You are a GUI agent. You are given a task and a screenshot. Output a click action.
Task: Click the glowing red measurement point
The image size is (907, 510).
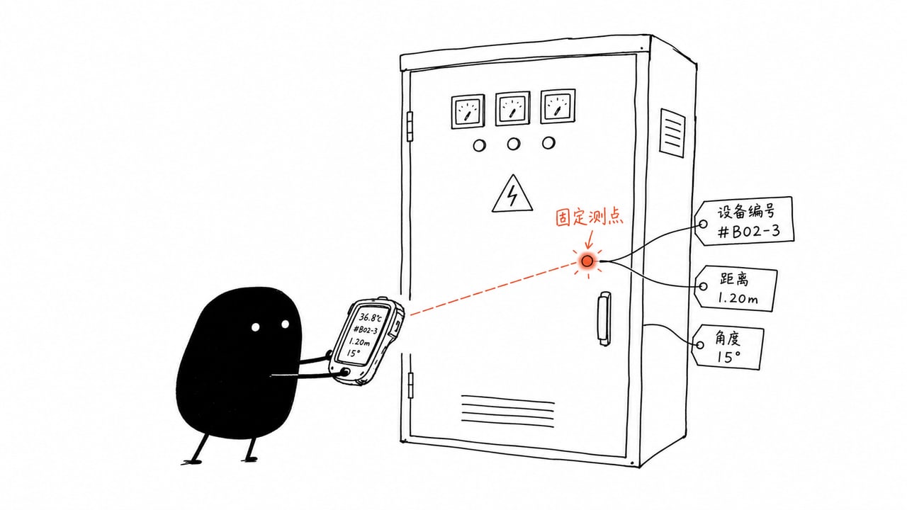coord(587,261)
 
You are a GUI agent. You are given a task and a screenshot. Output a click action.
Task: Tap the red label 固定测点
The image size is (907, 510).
coord(589,217)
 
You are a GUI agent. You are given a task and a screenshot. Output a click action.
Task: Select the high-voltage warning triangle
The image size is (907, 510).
coord(512,194)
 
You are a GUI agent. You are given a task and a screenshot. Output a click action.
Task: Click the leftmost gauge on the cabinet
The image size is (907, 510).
coord(468,111)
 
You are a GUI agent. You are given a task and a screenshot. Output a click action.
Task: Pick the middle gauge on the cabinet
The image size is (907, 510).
coord(512,108)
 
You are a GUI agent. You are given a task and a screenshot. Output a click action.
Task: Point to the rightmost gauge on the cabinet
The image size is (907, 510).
coord(558,106)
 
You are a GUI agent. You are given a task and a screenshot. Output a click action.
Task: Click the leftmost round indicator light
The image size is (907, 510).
coord(480,145)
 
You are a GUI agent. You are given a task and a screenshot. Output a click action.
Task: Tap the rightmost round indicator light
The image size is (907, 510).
coord(548,143)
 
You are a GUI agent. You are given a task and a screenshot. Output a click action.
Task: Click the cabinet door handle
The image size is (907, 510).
coord(604,319)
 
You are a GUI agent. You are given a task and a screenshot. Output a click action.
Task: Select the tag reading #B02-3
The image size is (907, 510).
coord(744,221)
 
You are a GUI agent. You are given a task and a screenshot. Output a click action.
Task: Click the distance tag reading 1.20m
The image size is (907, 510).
coord(736,288)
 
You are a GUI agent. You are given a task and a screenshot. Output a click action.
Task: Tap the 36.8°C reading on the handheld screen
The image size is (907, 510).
coord(370,317)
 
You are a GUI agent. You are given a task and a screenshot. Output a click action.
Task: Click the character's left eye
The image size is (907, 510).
coord(256,327)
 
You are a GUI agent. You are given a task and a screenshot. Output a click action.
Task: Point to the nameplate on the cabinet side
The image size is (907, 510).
coord(672,132)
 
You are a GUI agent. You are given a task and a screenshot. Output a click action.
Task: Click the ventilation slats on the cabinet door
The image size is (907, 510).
coord(508,412)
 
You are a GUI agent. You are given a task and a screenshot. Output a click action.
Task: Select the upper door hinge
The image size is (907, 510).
coord(410,127)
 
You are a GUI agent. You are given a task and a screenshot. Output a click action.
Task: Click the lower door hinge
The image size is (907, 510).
coord(410,385)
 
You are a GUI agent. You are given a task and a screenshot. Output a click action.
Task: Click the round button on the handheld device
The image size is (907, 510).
coord(346,372)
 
